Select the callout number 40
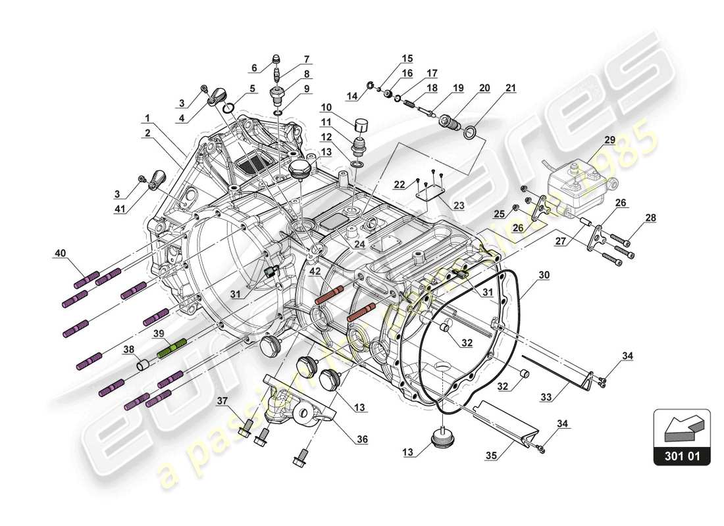click(x=60, y=252)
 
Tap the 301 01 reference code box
click(x=682, y=454)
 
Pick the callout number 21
click(x=511, y=87)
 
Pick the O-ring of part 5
click(x=228, y=107)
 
